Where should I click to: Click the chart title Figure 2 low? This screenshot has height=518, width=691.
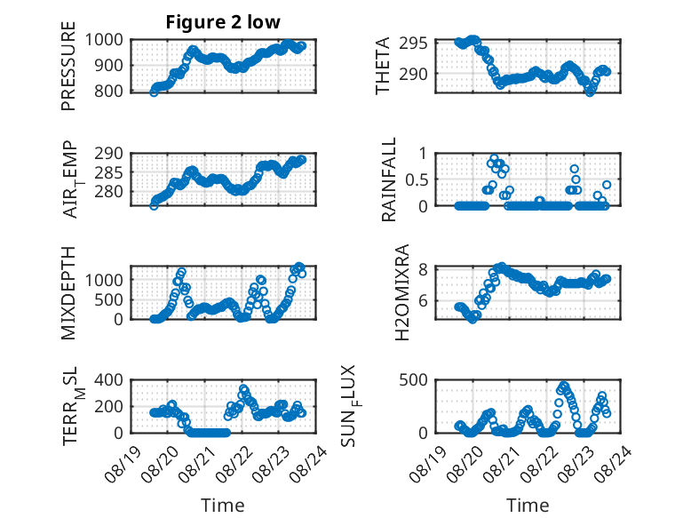(223, 22)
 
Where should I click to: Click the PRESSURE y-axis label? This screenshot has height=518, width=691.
(68, 66)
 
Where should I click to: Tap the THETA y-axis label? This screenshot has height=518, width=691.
(383, 66)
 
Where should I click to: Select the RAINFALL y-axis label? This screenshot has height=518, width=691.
(389, 179)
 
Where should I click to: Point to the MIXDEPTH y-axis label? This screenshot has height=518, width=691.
(68, 293)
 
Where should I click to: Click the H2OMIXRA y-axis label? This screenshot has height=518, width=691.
(402, 292)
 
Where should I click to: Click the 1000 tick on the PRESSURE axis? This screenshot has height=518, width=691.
(104, 40)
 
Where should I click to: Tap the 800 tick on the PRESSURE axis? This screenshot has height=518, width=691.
(109, 92)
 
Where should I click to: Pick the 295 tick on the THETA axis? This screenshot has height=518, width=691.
(413, 44)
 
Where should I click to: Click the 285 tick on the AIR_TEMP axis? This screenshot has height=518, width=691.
(109, 172)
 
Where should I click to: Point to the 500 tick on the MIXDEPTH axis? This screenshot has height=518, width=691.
(109, 299)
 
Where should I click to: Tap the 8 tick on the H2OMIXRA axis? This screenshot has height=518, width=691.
(424, 269)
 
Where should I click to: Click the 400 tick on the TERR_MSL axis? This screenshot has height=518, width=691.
(109, 380)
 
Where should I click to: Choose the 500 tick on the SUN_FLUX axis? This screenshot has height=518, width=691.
(413, 380)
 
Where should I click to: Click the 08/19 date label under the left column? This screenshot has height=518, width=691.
(123, 464)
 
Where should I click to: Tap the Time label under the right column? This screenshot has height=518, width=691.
(528, 506)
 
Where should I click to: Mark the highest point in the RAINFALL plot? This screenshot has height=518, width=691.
(494, 158)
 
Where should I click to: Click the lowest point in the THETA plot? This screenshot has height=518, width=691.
(590, 92)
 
